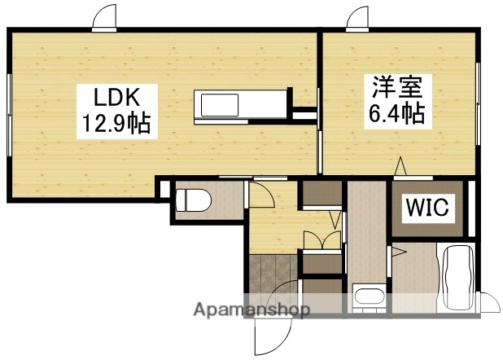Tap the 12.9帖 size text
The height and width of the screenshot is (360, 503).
pyautogui.click(x=114, y=124)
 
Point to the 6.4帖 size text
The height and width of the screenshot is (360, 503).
pyautogui.click(x=395, y=112)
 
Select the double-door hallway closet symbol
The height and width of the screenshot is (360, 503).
pyautogui.click(x=321, y=240)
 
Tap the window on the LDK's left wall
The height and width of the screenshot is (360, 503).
pyautogui.click(x=8, y=114)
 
